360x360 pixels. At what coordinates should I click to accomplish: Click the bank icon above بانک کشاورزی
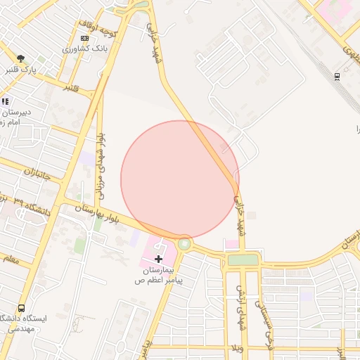(84, 38)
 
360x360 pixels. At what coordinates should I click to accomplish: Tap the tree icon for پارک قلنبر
(21, 59)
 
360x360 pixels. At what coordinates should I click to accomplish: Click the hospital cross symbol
(158, 259)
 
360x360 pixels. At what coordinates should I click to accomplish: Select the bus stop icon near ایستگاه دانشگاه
(21, 308)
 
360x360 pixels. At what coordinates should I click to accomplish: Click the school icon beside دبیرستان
(5, 102)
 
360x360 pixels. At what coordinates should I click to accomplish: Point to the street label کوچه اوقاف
(96, 29)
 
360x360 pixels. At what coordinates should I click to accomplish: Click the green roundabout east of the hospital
(184, 244)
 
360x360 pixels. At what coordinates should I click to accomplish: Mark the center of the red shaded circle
(180, 180)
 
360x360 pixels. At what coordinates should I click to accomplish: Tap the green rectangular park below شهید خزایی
(243, 260)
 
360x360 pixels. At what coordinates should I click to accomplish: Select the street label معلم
(11, 261)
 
